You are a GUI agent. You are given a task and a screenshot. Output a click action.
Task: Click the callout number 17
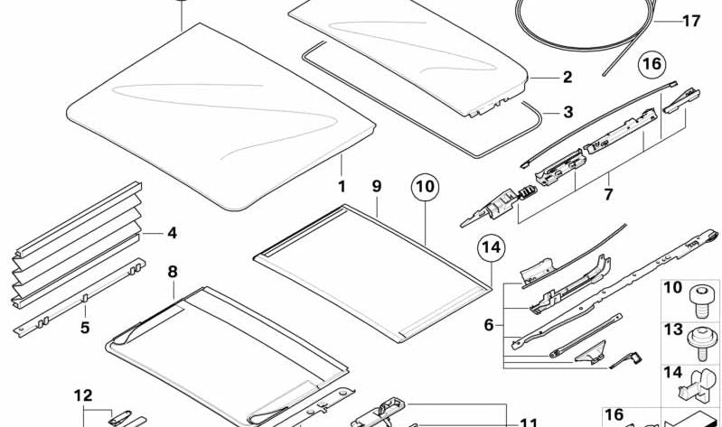pos(691,21)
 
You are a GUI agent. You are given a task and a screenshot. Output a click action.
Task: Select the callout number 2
pos(567,77)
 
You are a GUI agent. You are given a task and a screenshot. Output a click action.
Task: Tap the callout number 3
pos(568,112)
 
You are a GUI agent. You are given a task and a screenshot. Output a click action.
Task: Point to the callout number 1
pos(342,186)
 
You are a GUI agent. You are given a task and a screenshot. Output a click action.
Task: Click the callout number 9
pos(377,186)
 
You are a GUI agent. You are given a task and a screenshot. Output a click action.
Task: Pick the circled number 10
pos(425,187)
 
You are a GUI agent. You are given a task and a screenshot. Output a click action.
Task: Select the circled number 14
pos(491,247)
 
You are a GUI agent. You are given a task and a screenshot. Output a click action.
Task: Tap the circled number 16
pos(652,63)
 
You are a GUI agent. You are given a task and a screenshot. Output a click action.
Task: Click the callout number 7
pos(608,194)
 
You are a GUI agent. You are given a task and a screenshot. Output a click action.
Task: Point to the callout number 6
pos(489,325)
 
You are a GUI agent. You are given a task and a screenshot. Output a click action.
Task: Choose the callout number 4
pos(172,233)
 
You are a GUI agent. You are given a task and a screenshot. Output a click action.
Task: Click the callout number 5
pos(85,328)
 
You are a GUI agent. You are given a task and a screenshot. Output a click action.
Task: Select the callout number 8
pos(173,272)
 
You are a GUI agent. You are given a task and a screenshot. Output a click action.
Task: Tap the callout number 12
pos(83,395)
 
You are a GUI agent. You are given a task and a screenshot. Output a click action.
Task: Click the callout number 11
pos(529,422)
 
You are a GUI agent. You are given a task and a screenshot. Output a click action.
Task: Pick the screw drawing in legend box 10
pos(701,301)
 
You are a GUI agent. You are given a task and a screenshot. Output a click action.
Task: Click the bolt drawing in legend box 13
pos(701,343)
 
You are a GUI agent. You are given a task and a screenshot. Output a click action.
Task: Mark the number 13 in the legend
pos(672,330)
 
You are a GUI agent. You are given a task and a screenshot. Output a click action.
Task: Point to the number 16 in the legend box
pos(614,415)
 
